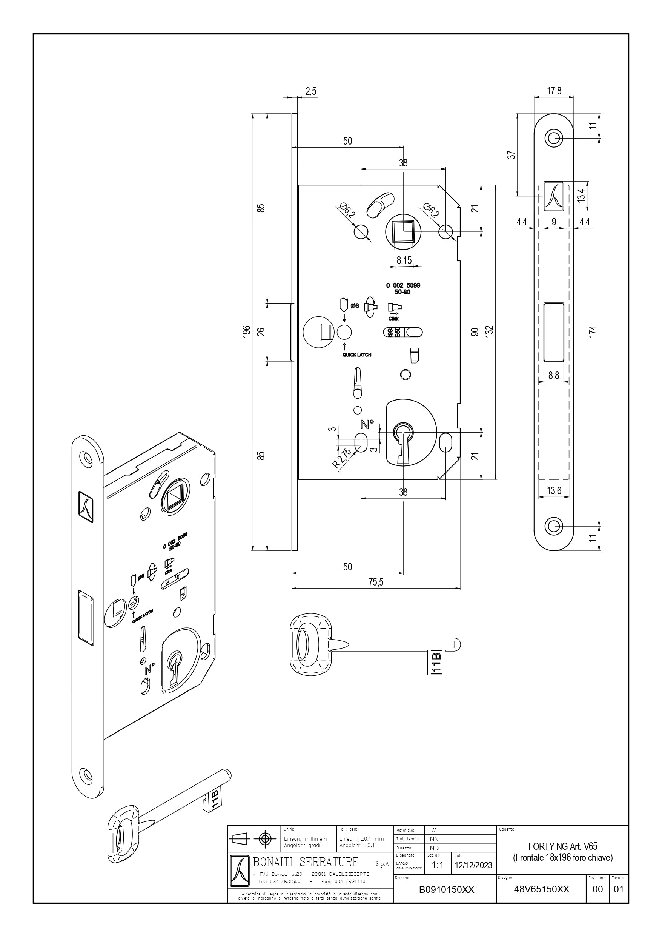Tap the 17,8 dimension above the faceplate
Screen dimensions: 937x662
(553, 91)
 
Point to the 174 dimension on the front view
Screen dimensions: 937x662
(593, 331)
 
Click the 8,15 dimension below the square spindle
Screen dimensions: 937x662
(404, 260)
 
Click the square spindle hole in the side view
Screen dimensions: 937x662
(403, 231)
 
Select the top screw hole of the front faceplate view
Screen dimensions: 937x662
(553, 138)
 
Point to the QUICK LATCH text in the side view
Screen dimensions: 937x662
(357, 354)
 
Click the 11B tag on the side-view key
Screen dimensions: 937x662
(436, 663)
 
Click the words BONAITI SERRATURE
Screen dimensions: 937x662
(306, 861)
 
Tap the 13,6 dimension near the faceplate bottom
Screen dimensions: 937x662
(553, 490)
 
